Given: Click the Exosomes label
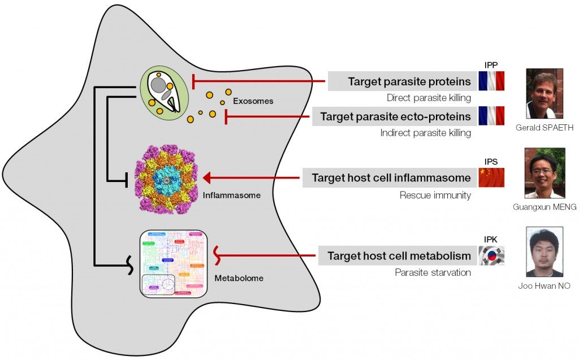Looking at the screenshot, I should coord(253,102).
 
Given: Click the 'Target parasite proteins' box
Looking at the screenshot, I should coord(401,81).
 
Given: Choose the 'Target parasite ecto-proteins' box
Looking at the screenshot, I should coord(394,116).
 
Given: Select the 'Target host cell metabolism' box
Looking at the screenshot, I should coord(398,255).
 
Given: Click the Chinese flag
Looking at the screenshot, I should coord(491,177).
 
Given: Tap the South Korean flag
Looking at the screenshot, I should coord(491,255).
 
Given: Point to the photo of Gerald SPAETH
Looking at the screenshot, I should coord(545,94).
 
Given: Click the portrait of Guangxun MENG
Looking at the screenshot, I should coord(545,173).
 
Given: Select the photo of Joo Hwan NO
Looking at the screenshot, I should coord(545,251).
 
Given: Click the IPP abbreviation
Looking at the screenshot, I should coord(491,65).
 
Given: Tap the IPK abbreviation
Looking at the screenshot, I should coord(491,240).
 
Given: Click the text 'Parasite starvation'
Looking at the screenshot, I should coord(433,272).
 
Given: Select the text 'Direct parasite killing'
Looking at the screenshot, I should coord(429,98).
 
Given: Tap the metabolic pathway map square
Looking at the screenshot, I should coord(171,263).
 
